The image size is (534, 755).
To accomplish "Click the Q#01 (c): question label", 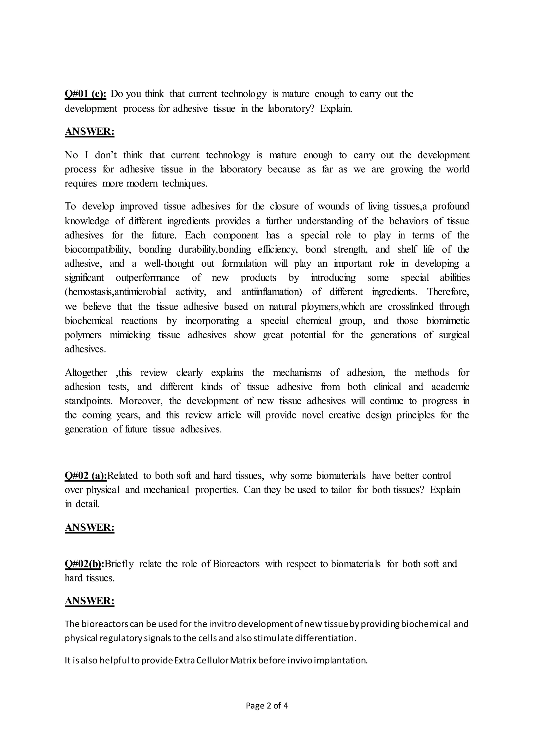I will (x=85, y=94).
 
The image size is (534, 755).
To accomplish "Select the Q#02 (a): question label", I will (x=86, y=476).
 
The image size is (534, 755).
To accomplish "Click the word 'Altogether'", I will (x=86, y=373).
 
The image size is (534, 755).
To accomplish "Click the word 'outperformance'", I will (x=148, y=278).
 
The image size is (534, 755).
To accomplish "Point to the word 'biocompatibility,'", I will (x=98, y=250).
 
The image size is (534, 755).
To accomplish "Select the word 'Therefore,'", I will (x=448, y=292).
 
